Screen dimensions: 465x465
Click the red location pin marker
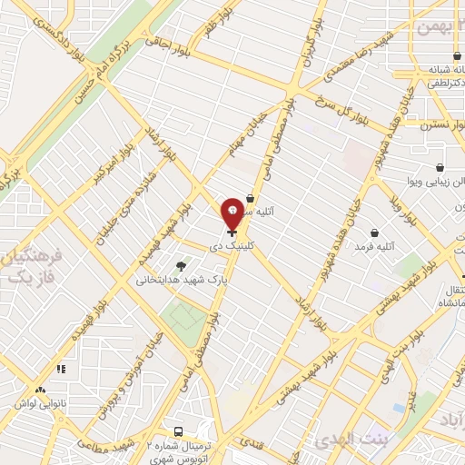pos(232,213)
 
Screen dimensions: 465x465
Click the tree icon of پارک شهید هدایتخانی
pos(180,266)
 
